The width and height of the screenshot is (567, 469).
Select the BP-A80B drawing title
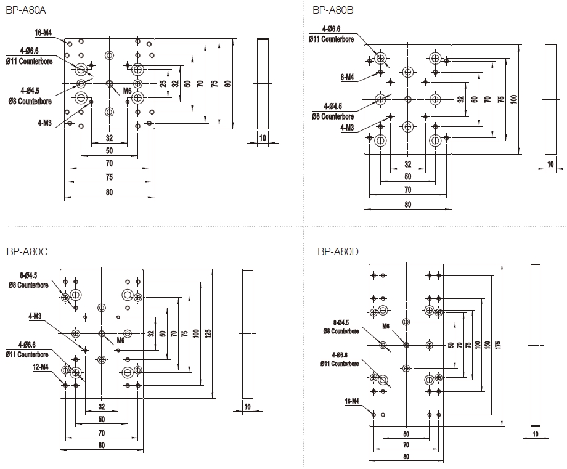pos(332,10)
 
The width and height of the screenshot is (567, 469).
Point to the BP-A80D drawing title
pos(338,251)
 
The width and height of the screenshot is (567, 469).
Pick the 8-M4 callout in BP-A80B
pos(346,77)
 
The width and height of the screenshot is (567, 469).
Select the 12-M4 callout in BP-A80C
pos(42,367)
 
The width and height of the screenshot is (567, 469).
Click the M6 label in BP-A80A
pos(127,91)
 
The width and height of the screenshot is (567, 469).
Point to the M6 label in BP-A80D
pos(386,326)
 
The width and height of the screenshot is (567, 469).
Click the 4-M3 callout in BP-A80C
pos(35,316)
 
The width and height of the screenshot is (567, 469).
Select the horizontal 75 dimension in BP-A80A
pos(109,177)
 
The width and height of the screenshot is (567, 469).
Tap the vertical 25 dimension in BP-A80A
pos(163,83)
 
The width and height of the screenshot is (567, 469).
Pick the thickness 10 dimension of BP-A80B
pos(550,164)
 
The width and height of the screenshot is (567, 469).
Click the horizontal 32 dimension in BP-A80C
pos(101,407)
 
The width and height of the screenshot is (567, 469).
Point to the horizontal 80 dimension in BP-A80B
pos(407,205)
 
